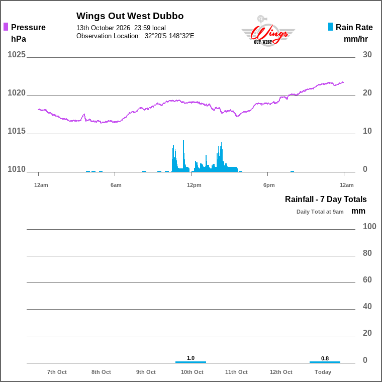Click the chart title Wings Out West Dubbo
(x=130, y=16)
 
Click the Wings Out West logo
(x=268, y=31)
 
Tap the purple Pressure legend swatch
(x=6, y=27)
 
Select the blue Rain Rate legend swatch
(x=330, y=27)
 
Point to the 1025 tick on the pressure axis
(x=16, y=54)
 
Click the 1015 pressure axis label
(x=16, y=131)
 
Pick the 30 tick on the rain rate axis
(x=367, y=54)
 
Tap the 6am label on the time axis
(x=116, y=185)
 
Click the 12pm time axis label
(x=194, y=185)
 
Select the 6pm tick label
(x=269, y=185)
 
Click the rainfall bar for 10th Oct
(x=191, y=362)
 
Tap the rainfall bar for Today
(x=325, y=362)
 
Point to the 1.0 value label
(x=191, y=358)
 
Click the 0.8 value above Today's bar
(x=325, y=358)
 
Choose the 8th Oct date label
(x=101, y=372)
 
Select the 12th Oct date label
(x=281, y=372)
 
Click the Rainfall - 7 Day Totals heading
(x=326, y=199)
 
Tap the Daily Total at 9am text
(x=320, y=212)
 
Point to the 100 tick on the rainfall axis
(x=369, y=226)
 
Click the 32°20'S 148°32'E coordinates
(x=169, y=36)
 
